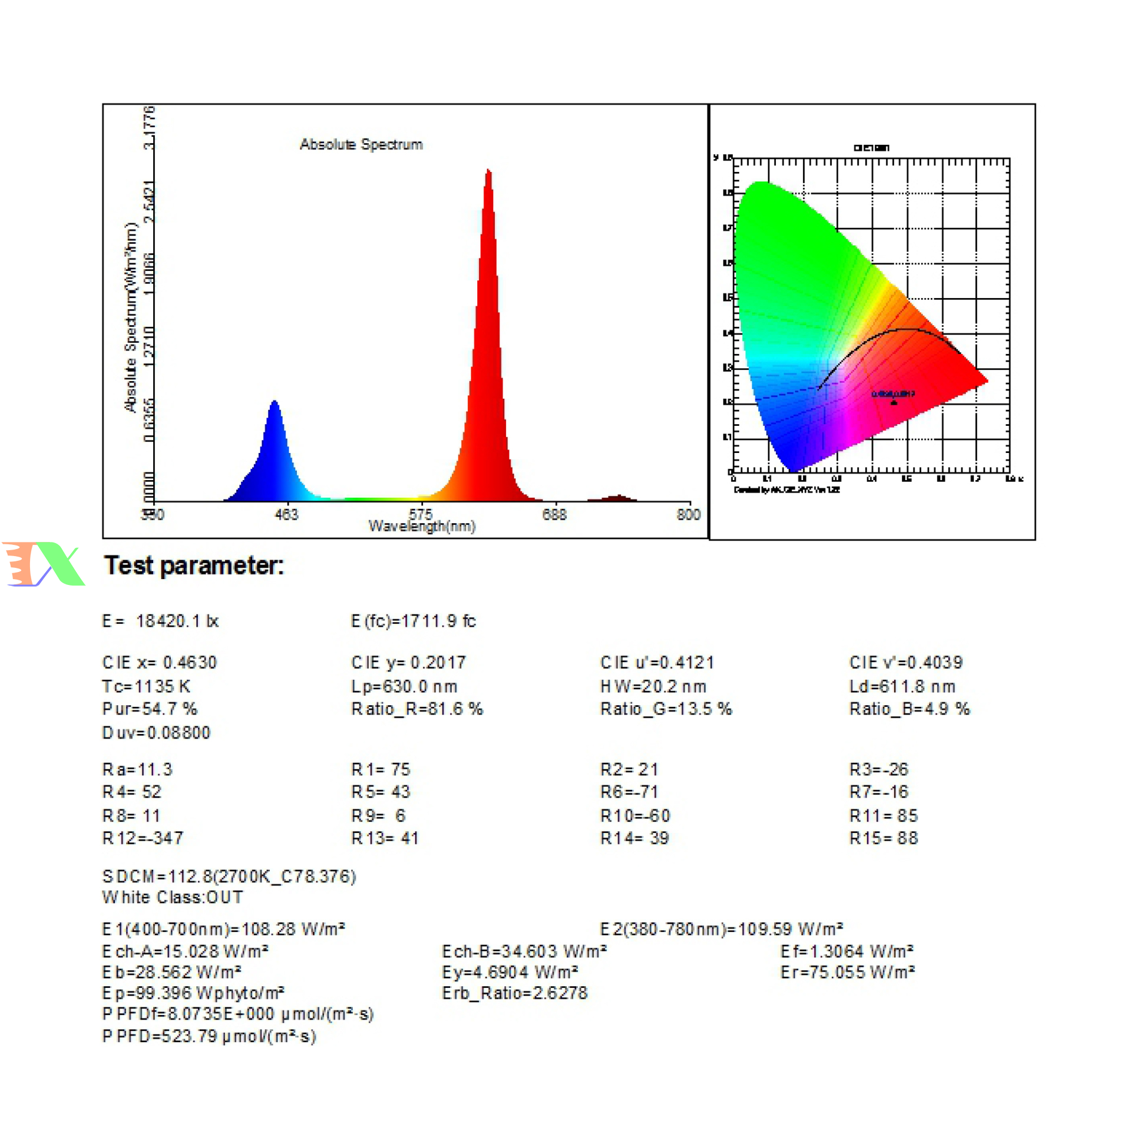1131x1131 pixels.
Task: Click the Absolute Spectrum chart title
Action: [x=361, y=144]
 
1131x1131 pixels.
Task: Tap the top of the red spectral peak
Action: [x=488, y=172]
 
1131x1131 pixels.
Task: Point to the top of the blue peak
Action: [x=275, y=403]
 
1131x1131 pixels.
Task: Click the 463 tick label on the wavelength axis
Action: [x=286, y=515]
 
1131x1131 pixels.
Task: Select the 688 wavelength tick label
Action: [x=554, y=515]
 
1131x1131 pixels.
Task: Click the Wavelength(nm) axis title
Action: [x=422, y=526]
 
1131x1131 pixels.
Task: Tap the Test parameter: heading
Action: [x=194, y=565]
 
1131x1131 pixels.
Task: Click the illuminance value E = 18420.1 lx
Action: [x=160, y=621]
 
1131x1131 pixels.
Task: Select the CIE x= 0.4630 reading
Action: [x=160, y=663]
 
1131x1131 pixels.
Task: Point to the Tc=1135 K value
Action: [x=146, y=686]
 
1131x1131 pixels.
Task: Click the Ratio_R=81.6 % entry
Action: [x=417, y=709]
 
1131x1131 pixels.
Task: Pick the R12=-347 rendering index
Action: [x=143, y=838]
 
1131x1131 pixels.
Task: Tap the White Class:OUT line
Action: [x=172, y=897]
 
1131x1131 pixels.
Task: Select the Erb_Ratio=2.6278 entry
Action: [x=515, y=993]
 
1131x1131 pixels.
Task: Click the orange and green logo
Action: [x=44, y=564]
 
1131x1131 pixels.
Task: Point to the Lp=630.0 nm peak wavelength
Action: [x=404, y=686]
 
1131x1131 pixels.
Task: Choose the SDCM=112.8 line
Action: [x=229, y=877]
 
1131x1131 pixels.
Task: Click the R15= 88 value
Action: [x=884, y=838]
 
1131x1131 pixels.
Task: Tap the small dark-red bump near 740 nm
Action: [x=618, y=497]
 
